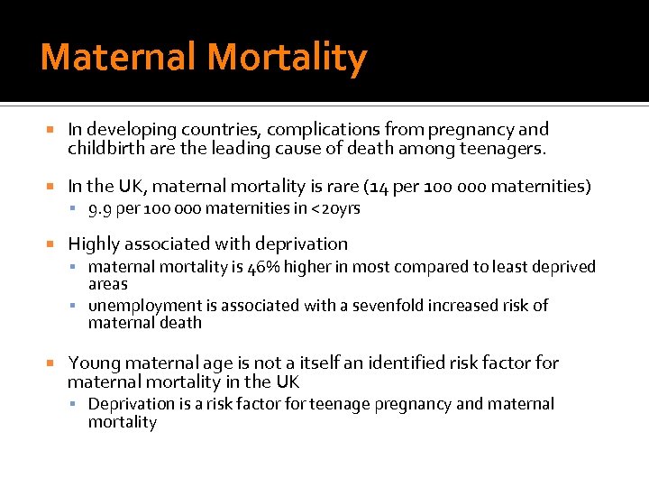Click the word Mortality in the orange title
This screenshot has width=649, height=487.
(287, 59)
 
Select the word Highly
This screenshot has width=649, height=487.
(92, 243)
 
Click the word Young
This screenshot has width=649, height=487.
(95, 363)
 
